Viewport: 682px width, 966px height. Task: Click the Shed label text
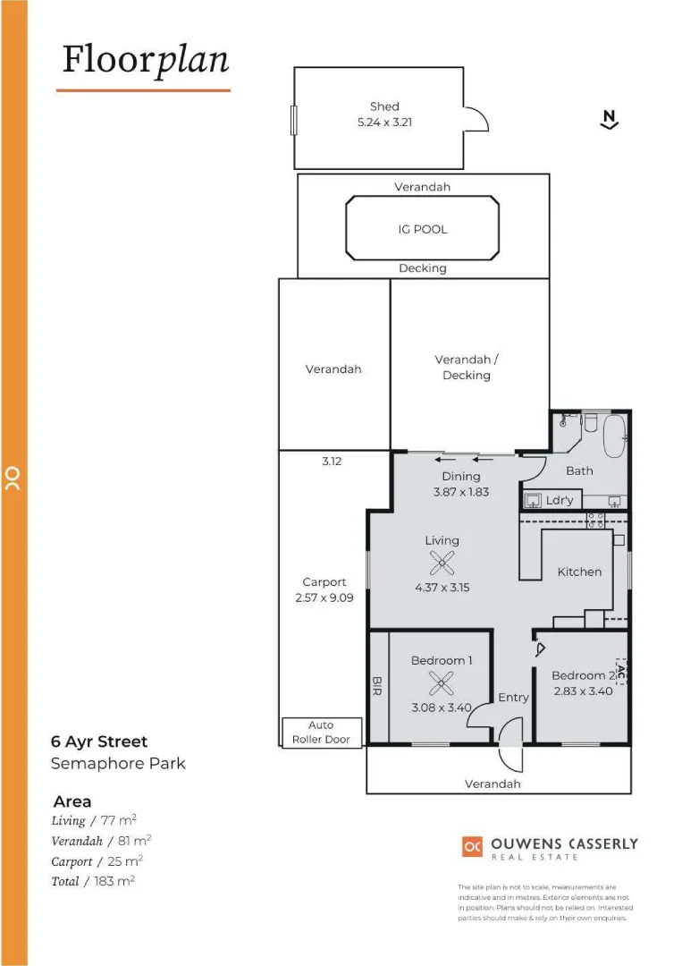pyautogui.click(x=384, y=106)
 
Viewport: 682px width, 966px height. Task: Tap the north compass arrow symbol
pyautogui.click(x=610, y=120)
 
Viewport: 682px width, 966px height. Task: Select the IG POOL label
pyautogui.click(x=423, y=229)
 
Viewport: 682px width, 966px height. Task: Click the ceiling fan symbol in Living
pyautogui.click(x=442, y=563)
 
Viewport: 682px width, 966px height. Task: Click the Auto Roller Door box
pyautogui.click(x=322, y=732)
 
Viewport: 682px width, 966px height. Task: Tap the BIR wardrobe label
pyautogui.click(x=376, y=686)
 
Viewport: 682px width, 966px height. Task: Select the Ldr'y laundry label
pyautogui.click(x=559, y=501)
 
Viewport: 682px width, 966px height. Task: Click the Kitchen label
pyautogui.click(x=579, y=572)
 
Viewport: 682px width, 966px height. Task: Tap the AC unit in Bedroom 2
pyautogui.click(x=621, y=671)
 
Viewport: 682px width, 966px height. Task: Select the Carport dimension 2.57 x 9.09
pyautogui.click(x=324, y=597)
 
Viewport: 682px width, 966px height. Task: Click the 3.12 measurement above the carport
pyautogui.click(x=333, y=462)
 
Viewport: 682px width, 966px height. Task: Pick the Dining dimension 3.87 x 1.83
pyautogui.click(x=460, y=492)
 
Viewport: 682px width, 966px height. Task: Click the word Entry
pyautogui.click(x=513, y=698)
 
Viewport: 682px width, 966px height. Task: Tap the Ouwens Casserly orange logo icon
pyautogui.click(x=472, y=845)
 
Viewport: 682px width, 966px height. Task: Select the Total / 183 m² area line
pyautogui.click(x=93, y=881)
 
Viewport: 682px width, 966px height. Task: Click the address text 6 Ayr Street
pyautogui.click(x=98, y=741)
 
